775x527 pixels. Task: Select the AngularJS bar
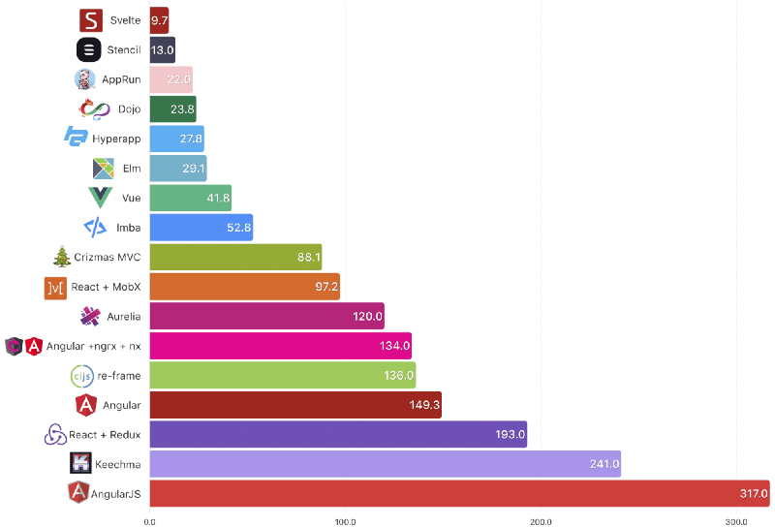click(x=458, y=493)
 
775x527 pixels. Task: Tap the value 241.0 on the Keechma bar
click(x=604, y=464)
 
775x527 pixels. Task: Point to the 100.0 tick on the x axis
click(x=345, y=521)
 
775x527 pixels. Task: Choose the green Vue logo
click(x=100, y=198)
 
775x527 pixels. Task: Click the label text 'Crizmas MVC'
click(x=108, y=257)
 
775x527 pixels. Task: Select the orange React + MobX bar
click(x=244, y=287)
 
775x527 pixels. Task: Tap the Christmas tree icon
click(x=62, y=257)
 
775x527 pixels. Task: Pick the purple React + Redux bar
click(x=337, y=434)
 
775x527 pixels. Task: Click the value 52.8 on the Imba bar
click(x=238, y=228)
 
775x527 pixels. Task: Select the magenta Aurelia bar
click(x=266, y=316)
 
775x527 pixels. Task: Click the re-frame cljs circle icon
click(x=81, y=375)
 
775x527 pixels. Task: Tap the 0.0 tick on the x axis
click(x=149, y=521)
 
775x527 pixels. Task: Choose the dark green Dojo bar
click(x=172, y=109)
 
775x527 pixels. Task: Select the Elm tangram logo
click(x=104, y=169)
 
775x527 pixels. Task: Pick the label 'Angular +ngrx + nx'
click(x=93, y=346)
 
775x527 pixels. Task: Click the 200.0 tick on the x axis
click(x=541, y=521)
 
